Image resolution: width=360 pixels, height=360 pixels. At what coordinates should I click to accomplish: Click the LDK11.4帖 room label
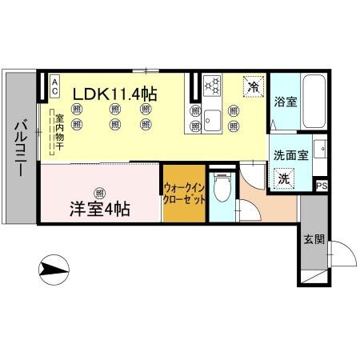114,93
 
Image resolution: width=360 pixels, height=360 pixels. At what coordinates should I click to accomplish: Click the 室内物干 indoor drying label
58,138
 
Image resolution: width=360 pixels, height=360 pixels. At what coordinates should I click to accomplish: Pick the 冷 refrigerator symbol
253,86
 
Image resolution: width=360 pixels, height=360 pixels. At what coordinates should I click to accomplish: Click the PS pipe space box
322,186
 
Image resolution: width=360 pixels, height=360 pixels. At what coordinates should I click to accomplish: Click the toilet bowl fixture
225,188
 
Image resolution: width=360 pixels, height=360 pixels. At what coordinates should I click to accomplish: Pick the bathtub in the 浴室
314,102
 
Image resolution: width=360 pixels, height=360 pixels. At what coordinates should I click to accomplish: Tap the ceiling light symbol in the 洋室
98,192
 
